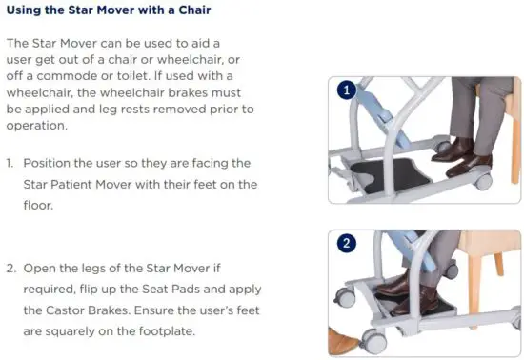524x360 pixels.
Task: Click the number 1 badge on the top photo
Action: pyautogui.click(x=347, y=92)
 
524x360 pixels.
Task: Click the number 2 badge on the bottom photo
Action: pyautogui.click(x=347, y=245)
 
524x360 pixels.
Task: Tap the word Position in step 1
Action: pyautogui.click(x=51, y=163)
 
